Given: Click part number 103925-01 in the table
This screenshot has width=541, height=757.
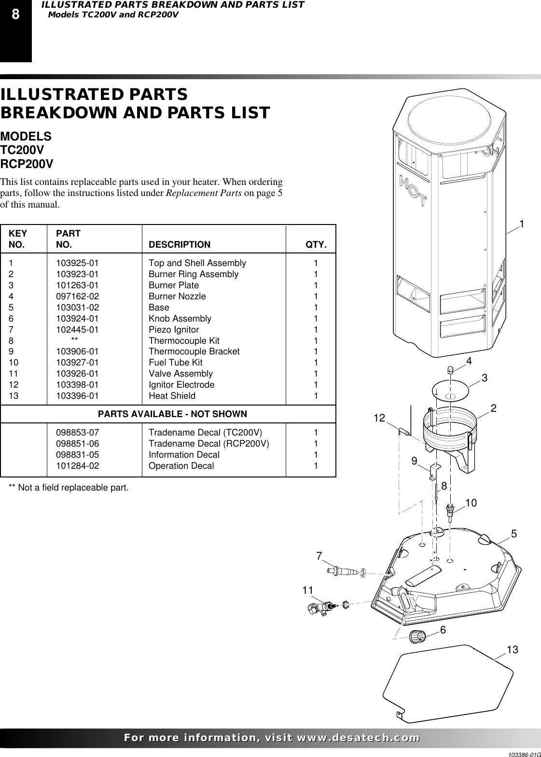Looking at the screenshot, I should coord(77,263).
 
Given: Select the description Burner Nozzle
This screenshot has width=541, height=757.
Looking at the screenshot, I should coord(177,296).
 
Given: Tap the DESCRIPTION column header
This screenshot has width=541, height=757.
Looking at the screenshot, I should coord(180,244).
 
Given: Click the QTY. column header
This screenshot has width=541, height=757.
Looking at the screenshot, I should coord(316,244).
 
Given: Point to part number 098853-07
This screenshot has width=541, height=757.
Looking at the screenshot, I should coord(77,433).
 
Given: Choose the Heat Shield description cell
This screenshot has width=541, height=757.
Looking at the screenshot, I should coord(172,396).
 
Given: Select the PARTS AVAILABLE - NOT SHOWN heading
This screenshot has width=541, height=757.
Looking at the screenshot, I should coord(172,414).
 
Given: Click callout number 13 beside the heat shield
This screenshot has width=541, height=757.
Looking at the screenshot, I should coord(512,650).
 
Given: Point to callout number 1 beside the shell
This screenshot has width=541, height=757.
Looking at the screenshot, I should coord(522,224).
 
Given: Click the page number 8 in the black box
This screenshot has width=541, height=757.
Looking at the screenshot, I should coord(15,15).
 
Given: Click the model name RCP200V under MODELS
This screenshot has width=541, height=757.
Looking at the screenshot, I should coord(27,164).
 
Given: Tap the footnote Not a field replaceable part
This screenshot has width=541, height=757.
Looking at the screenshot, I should coord(69,488).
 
